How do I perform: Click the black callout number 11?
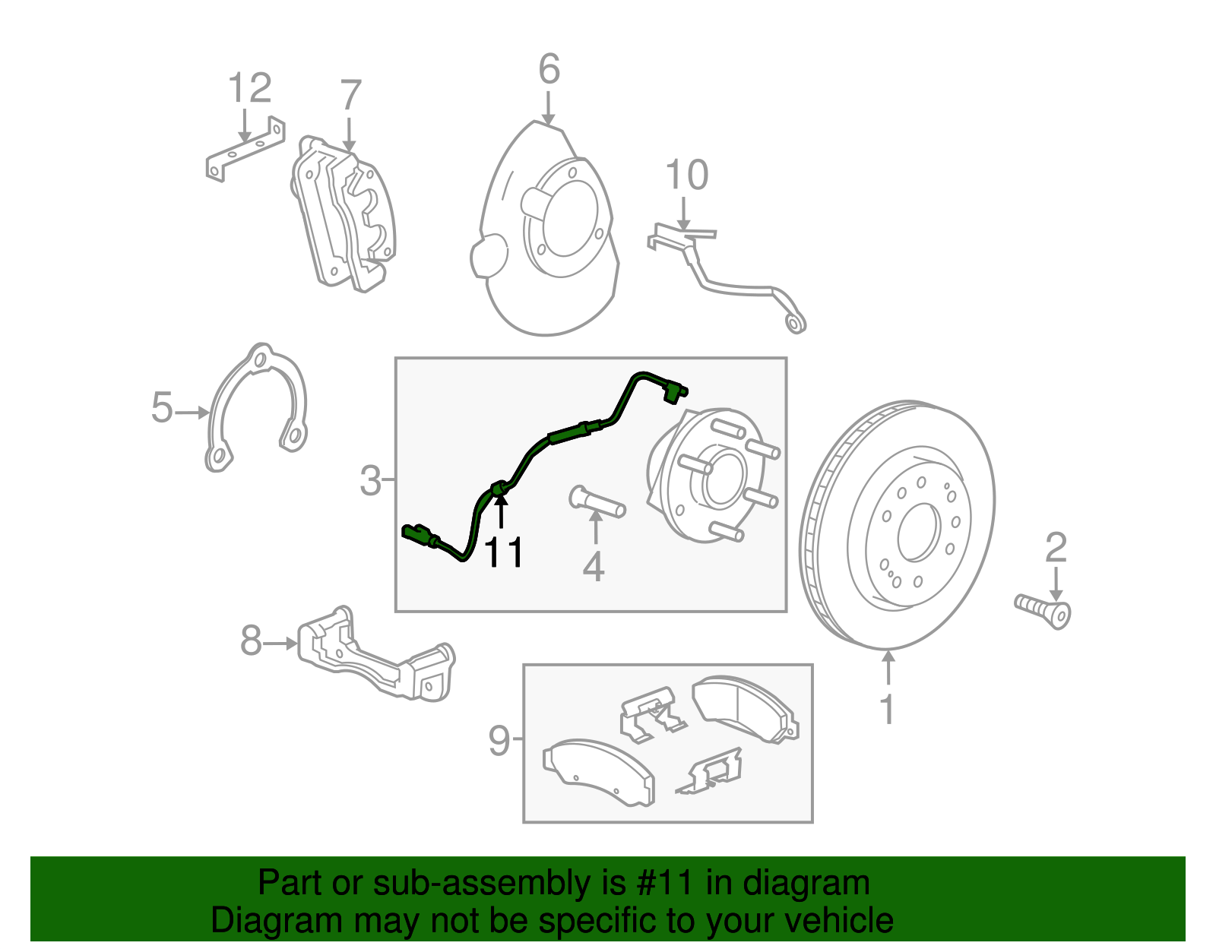(x=503, y=552)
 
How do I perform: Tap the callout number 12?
(x=249, y=88)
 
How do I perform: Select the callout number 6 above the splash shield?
(x=549, y=69)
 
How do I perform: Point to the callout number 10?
(x=686, y=176)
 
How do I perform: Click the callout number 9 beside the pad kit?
(x=499, y=740)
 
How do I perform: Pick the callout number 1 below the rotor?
(x=887, y=710)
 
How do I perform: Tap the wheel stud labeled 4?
(x=597, y=502)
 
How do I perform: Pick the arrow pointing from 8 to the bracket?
(x=280, y=643)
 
